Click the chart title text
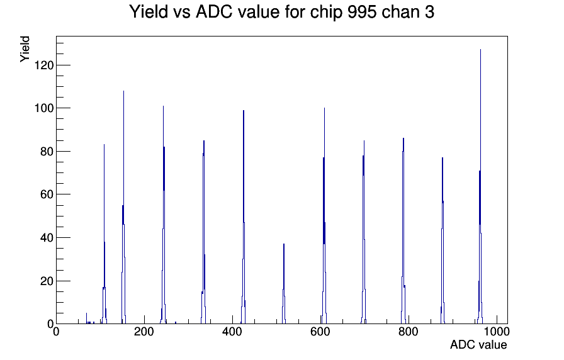(x=281, y=12)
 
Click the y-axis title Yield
(x=25, y=49)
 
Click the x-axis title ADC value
(x=478, y=344)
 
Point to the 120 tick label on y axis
(x=44, y=65)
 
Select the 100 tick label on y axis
(x=44, y=108)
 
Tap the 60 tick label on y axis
(x=47, y=194)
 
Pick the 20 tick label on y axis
(x=47, y=281)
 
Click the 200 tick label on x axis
(x=144, y=332)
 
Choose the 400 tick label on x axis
(x=232, y=332)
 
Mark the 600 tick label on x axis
(x=320, y=332)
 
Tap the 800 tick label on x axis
(x=409, y=332)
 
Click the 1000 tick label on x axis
(x=497, y=332)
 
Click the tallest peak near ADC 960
(x=480, y=187)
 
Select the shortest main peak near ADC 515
(x=284, y=284)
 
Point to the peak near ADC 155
(x=123, y=208)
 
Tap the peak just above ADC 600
(x=324, y=216)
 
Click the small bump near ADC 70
(x=86, y=318)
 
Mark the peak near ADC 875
(x=443, y=240)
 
